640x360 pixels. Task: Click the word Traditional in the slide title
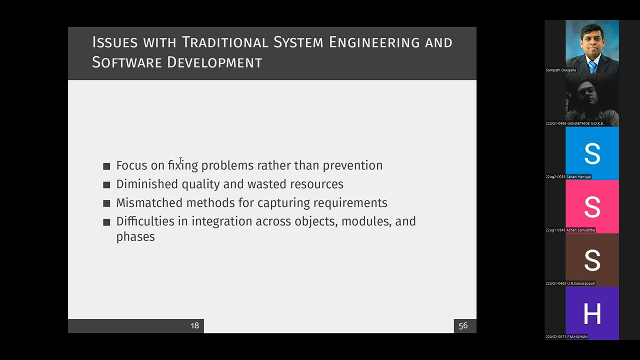225,42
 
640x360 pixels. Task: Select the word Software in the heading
127,62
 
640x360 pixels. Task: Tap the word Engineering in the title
374,43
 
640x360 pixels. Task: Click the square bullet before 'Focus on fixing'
106,166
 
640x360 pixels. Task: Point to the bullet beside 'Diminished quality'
106,185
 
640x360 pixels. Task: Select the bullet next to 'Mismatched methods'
106,203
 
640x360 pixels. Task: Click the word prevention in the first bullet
352,165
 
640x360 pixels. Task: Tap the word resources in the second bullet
316,184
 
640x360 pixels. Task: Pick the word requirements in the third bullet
350,203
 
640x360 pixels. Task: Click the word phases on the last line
135,237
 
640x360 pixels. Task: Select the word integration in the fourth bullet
221,221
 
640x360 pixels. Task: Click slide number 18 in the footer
194,325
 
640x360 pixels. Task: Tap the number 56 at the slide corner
463,325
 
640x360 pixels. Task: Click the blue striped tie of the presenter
592,67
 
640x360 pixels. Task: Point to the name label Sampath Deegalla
560,70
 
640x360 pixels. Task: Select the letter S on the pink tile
592,207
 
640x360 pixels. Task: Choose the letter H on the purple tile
592,313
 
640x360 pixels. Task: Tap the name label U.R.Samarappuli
581,283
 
